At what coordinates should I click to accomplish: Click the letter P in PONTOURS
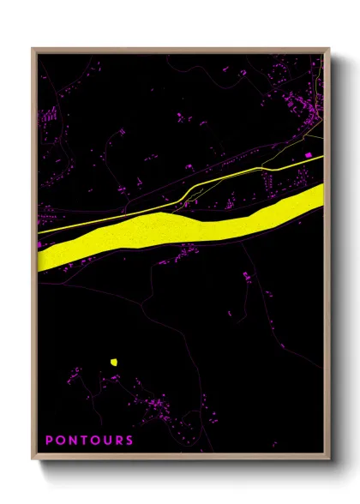49,441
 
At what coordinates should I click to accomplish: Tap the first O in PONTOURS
60,441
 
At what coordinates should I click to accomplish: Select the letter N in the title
72,441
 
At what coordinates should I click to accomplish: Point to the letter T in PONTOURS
83,441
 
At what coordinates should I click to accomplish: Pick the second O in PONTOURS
94,441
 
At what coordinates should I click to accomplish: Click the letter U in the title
106,441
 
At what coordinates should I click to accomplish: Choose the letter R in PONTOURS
118,441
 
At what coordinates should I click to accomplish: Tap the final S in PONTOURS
129,441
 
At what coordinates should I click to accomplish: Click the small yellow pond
113,362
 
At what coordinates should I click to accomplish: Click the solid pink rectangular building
309,154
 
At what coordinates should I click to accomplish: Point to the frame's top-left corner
33,49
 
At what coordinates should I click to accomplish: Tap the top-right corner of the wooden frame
328,49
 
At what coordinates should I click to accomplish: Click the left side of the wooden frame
33,257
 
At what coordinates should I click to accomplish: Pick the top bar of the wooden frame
180,49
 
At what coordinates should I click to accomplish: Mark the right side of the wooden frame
328,257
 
